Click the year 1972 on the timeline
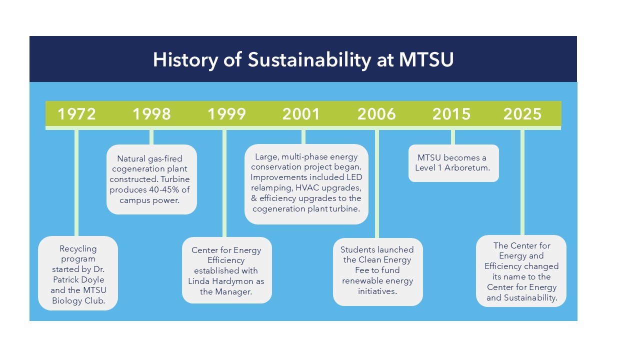pyautogui.click(x=76, y=114)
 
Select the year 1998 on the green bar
pyautogui.click(x=151, y=114)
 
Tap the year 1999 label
pyautogui.click(x=226, y=114)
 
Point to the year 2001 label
pyautogui.click(x=301, y=114)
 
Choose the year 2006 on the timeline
pyautogui.click(x=376, y=114)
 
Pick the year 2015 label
pyautogui.click(x=451, y=114)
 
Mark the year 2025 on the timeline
pyautogui.click(x=522, y=114)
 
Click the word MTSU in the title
pyautogui.click(x=426, y=59)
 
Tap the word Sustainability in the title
pyautogui.click(x=309, y=60)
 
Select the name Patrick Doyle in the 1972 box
pyautogui.click(x=78, y=279)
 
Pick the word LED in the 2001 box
pyautogui.click(x=354, y=177)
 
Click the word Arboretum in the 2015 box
pyautogui.click(x=467, y=167)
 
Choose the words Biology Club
pyautogui.click(x=78, y=300)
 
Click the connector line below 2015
pyautogui.click(x=453, y=137)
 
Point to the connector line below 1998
pyautogui.click(x=151, y=137)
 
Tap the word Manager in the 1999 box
pyautogui.click(x=233, y=291)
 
